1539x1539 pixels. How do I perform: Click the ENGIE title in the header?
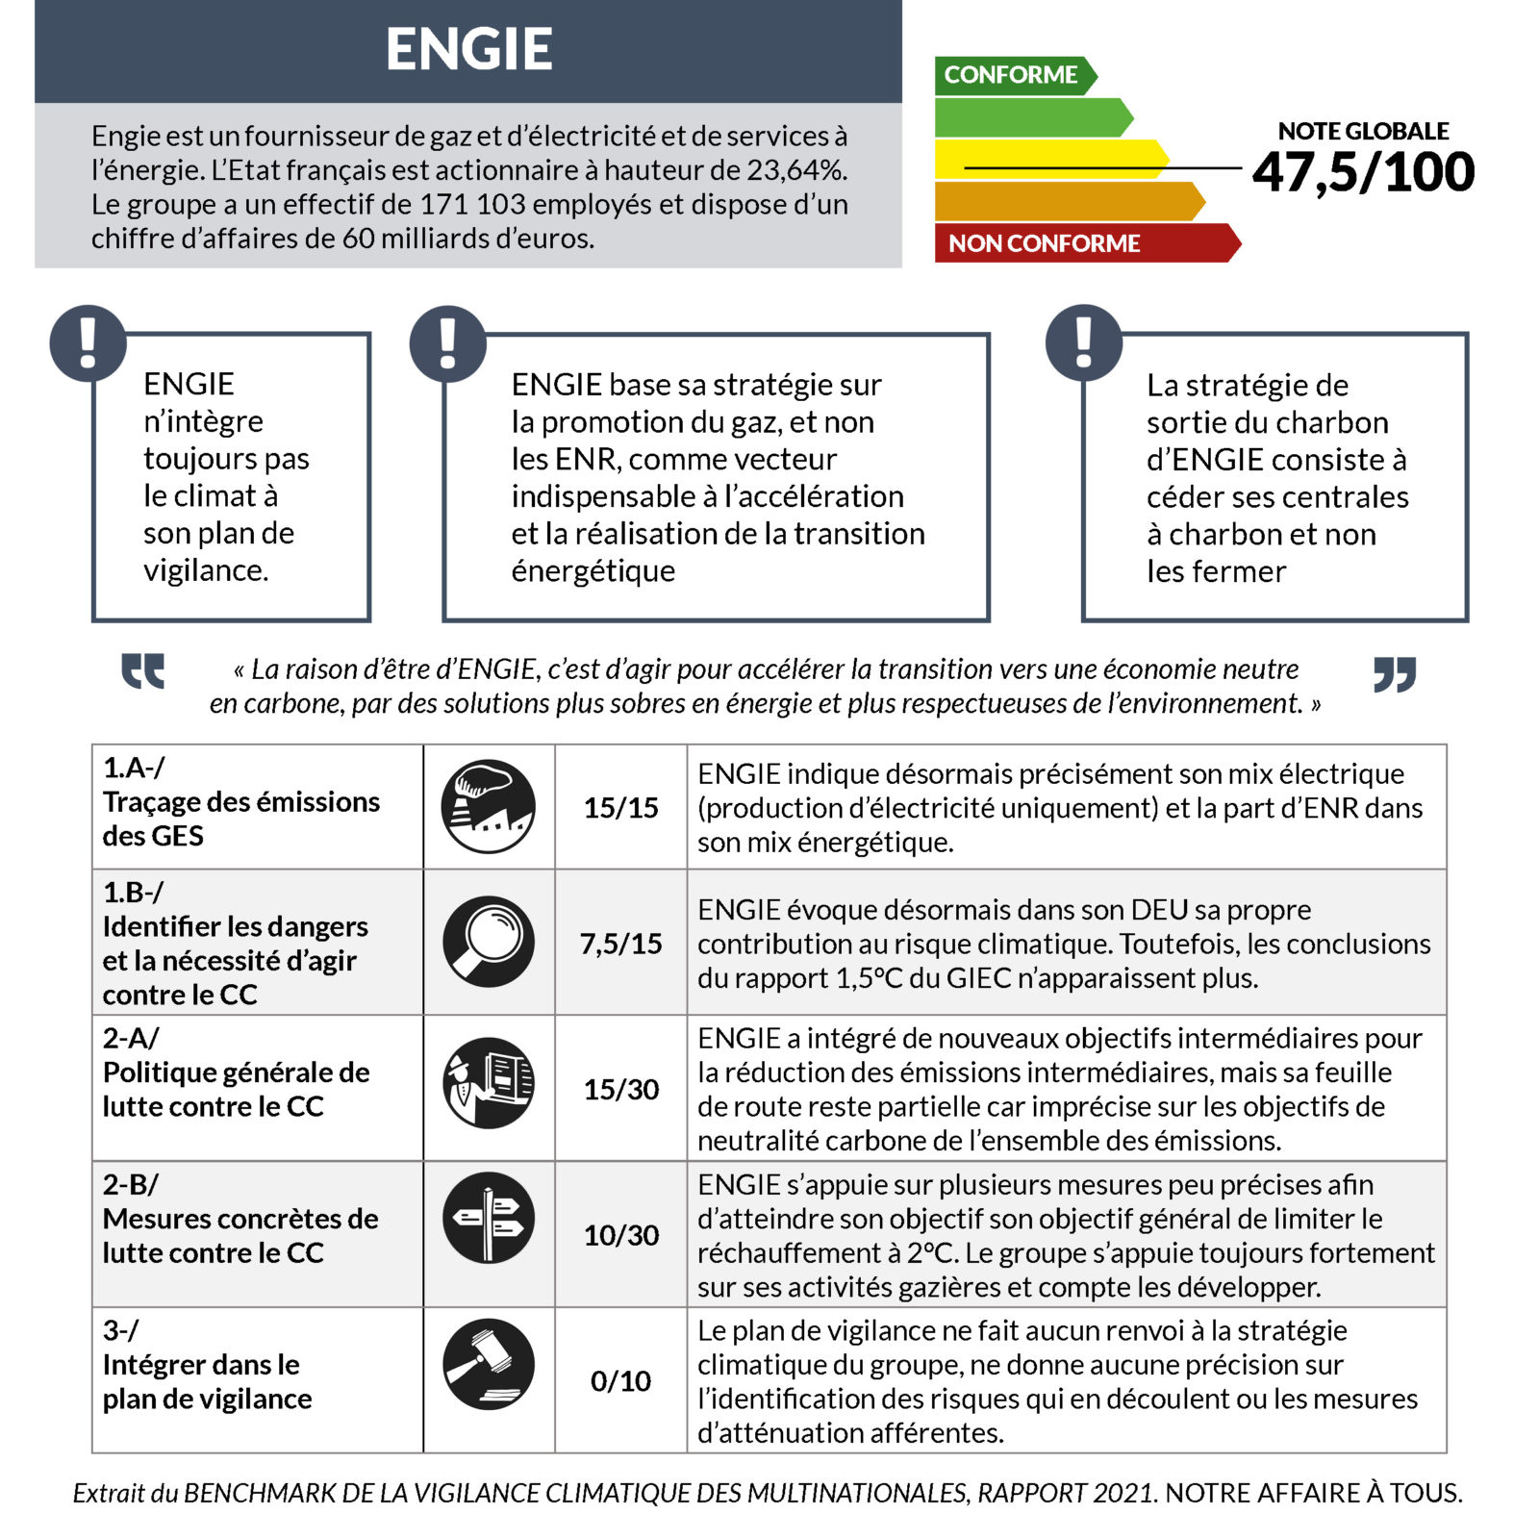click(468, 49)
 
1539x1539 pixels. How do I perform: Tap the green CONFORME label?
click(1010, 75)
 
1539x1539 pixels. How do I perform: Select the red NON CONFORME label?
click(1044, 243)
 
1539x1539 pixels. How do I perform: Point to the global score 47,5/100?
click(1363, 173)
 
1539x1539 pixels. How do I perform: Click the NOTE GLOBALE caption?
click(1363, 131)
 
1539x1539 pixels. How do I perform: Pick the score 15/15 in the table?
click(620, 808)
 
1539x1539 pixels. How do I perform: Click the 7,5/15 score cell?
click(620, 944)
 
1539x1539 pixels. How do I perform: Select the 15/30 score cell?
click(620, 1090)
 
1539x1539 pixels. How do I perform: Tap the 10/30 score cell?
click(620, 1235)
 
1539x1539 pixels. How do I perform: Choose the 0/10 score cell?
click(620, 1381)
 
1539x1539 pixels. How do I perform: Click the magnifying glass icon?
click(489, 942)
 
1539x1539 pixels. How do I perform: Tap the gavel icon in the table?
click(489, 1364)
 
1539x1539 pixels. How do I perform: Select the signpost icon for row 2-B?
click(489, 1218)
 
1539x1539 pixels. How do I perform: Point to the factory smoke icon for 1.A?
click(489, 806)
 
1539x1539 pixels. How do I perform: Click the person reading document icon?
click(489, 1082)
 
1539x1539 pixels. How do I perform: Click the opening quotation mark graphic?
click(143, 671)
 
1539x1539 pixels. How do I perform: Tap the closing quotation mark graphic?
click(1395, 674)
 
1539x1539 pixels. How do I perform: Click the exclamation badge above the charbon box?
click(1084, 343)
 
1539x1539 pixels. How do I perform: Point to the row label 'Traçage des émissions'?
click(241, 802)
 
